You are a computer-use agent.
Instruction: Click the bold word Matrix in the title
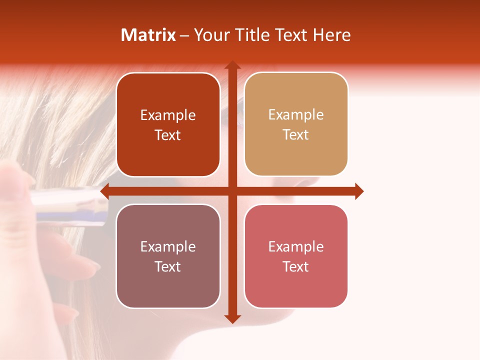pos(148,35)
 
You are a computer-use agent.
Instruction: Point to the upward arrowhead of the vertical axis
pos(232,65)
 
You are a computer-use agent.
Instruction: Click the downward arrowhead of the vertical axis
pos(232,318)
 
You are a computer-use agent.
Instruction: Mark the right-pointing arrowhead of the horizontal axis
pos(359,191)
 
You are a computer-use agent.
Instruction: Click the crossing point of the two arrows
pos(232,191)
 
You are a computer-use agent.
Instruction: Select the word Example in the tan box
pos(296,115)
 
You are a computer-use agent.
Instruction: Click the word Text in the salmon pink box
pos(296,266)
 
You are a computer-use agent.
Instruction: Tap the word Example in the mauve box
pos(168,246)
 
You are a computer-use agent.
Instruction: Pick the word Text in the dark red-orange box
pos(168,135)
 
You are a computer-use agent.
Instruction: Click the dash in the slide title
pos(184,35)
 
